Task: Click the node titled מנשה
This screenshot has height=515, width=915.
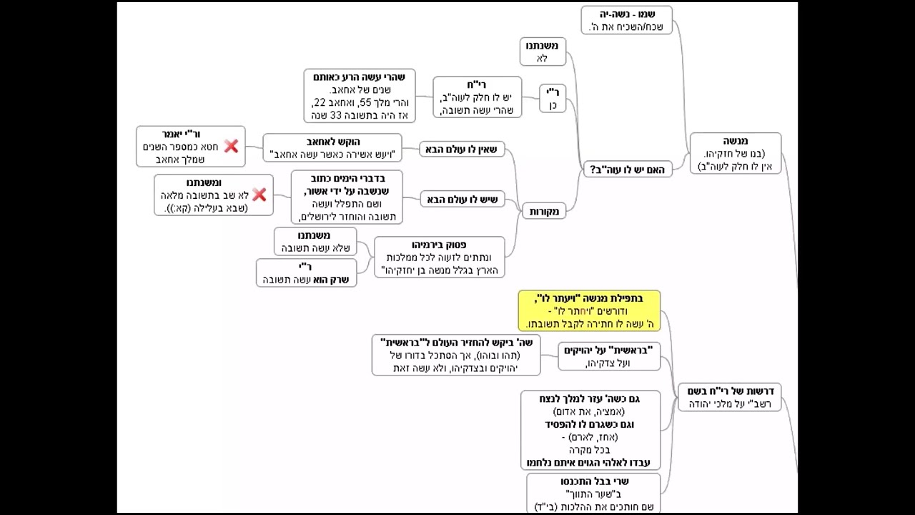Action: click(735, 153)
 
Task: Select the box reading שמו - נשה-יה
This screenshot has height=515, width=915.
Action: click(627, 20)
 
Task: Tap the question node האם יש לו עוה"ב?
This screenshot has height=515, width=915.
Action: click(628, 170)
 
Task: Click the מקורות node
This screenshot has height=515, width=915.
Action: click(545, 211)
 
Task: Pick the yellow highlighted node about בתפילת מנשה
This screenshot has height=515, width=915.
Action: click(589, 311)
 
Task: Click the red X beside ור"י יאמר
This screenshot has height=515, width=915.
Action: click(231, 146)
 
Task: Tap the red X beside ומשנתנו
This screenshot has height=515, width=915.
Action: click(259, 195)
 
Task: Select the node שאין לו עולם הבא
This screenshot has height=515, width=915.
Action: click(462, 149)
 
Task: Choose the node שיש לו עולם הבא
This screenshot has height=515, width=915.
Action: click(462, 199)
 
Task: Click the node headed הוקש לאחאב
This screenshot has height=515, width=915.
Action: click(332, 148)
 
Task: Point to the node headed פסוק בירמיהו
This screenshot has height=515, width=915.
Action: click(439, 257)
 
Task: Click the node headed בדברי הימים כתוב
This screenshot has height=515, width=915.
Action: click(347, 197)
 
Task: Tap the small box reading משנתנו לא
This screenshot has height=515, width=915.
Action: click(543, 51)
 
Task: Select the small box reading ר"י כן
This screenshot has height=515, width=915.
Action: click(553, 98)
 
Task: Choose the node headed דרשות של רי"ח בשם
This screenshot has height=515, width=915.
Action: click(729, 397)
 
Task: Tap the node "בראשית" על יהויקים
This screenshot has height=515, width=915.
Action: click(609, 356)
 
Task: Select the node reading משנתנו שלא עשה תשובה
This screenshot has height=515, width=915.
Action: click(315, 241)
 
